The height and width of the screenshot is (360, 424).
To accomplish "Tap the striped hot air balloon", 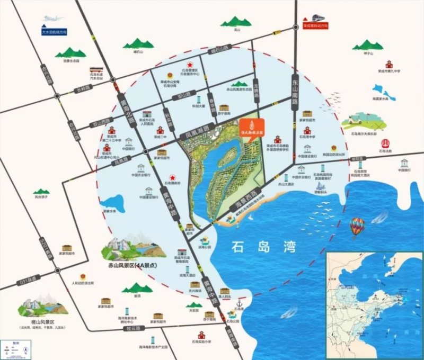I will click(x=357, y=227).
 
